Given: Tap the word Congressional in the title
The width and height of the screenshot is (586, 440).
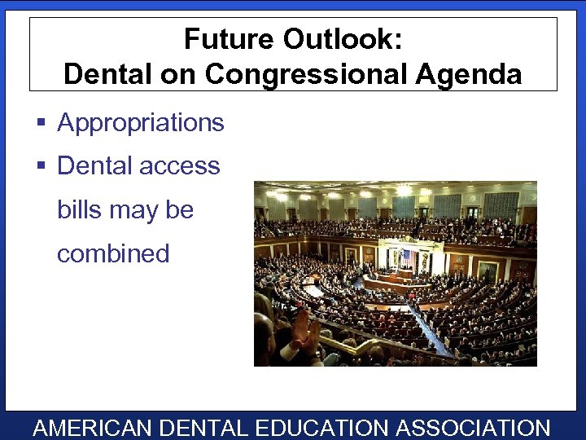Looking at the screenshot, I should coord(309,74).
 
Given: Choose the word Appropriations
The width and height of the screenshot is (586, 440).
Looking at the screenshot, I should coord(141,123).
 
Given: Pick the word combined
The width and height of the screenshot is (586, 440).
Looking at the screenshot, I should coord(113,253).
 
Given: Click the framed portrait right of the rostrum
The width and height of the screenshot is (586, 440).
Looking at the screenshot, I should coord(488,270).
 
